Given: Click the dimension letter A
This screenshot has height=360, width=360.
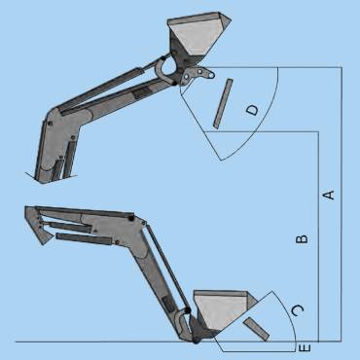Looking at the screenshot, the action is [329, 196].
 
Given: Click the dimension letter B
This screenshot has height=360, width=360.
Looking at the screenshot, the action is [302, 239].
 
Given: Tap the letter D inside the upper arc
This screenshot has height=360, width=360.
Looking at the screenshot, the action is [253, 110].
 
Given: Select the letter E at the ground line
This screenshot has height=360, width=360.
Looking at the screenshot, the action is [305, 348].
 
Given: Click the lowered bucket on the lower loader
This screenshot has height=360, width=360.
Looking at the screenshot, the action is [221, 312].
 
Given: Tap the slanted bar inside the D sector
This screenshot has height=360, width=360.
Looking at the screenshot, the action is [223, 104].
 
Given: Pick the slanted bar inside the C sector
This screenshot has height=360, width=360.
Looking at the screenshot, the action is [256, 329].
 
